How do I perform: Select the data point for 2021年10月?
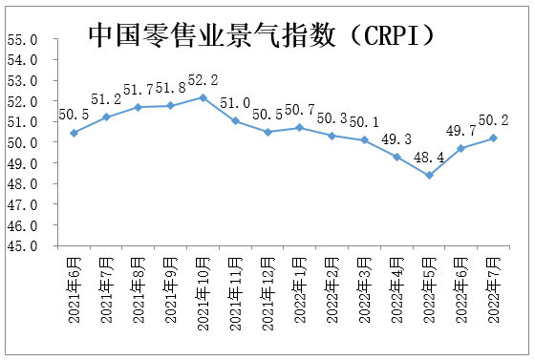[203, 97]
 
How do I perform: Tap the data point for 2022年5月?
[429, 175]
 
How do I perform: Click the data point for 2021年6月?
[74, 133]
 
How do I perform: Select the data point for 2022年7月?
[493, 138]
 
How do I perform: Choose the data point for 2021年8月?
[139, 107]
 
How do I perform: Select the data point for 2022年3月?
[364, 140]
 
